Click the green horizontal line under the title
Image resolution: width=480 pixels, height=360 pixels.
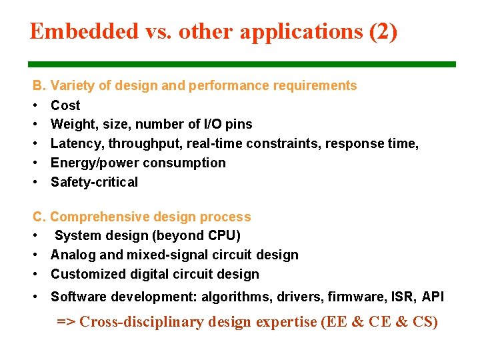242,65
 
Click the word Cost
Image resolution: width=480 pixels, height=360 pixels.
65,105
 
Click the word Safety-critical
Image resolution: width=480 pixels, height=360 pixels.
94,182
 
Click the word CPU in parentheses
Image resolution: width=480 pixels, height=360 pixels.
221,235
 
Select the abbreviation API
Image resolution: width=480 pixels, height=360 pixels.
433,297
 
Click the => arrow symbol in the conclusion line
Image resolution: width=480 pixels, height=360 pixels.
66,322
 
